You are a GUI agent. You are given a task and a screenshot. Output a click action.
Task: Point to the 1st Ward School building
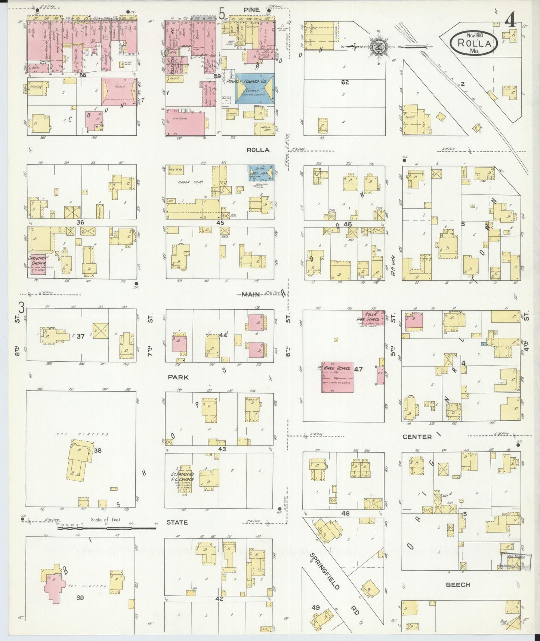[x=337, y=377]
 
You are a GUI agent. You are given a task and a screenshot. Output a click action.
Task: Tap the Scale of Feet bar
[x=107, y=528]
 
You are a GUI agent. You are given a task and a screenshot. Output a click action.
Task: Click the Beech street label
[x=458, y=584]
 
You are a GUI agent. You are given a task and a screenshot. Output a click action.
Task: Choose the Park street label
[x=178, y=377]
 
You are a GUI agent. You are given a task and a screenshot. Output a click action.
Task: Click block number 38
[x=98, y=451]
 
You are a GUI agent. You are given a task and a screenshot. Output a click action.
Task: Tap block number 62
[x=344, y=82]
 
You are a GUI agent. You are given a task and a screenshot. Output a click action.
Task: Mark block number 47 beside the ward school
[x=358, y=369]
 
